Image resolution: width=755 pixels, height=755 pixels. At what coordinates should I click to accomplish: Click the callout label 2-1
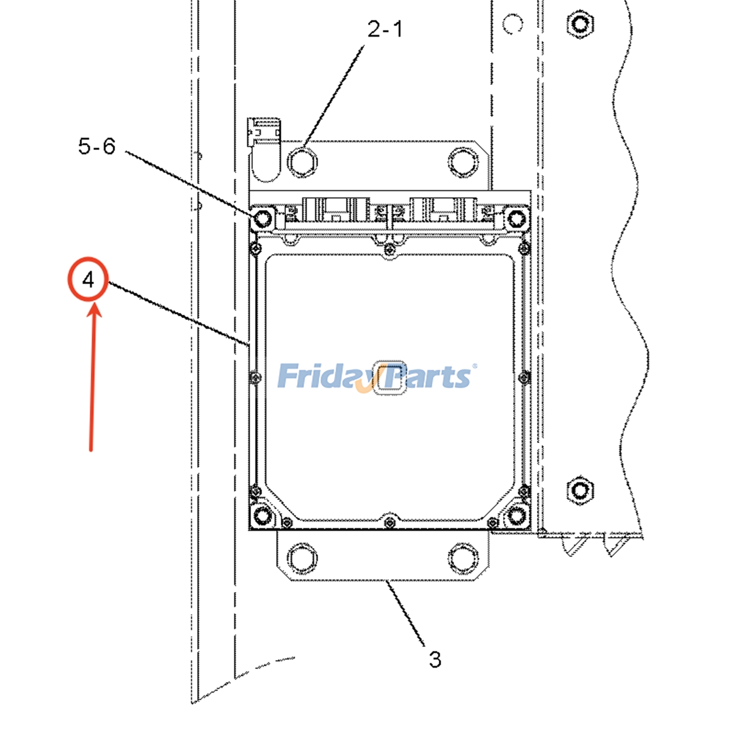(385, 29)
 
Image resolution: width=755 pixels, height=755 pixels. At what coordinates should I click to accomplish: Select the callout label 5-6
(97, 146)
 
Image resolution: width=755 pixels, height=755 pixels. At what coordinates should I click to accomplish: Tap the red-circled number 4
(88, 280)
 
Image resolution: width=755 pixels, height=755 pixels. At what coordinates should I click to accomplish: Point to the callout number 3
(435, 659)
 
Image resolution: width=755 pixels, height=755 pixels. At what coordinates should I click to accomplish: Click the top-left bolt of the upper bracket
(302, 162)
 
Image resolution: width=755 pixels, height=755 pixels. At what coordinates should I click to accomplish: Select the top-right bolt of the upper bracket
(462, 162)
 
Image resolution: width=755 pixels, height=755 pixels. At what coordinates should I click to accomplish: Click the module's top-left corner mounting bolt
(262, 218)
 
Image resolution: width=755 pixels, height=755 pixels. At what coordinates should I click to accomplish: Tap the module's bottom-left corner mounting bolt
(262, 514)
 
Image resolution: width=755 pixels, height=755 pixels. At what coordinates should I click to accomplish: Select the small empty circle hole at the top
(512, 24)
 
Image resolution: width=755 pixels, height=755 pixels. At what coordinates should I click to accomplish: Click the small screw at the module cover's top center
(389, 249)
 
